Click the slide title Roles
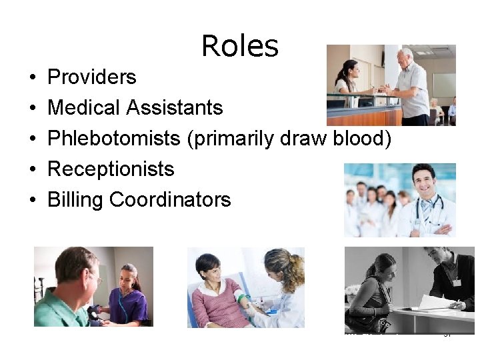(x=239, y=46)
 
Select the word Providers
(x=92, y=77)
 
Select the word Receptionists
(x=111, y=169)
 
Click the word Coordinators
(x=170, y=199)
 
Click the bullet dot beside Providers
(x=33, y=78)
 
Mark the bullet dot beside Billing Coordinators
(x=33, y=200)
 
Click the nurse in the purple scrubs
(x=127, y=293)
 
